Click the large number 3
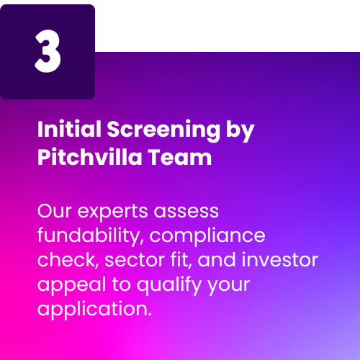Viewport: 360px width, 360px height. click(48, 51)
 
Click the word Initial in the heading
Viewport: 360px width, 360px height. click(69, 129)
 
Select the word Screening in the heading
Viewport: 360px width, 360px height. click(163, 131)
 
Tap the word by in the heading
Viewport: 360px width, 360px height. click(240, 131)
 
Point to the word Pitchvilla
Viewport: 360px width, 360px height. click(90, 157)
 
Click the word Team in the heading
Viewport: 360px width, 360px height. click(180, 157)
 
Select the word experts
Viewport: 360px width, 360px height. click(112, 213)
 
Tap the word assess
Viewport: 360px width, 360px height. click(186, 212)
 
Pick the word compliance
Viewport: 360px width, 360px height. click(207, 237)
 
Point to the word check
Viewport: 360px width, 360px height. click(68, 261)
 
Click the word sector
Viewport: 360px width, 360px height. click(135, 261)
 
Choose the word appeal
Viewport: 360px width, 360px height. click(72, 286)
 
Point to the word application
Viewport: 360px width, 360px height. click(94, 310)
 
